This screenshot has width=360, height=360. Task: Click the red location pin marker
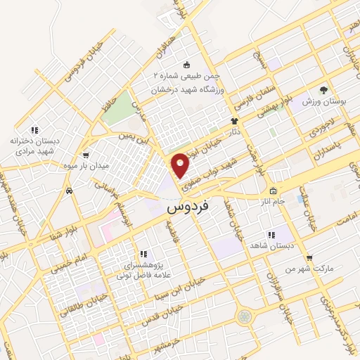(181, 165)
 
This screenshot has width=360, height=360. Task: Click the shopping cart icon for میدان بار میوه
(86, 156)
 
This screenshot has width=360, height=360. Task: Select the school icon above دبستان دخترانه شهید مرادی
(34, 130)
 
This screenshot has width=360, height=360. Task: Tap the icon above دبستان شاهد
(270, 236)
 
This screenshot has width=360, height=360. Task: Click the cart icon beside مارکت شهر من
(309, 258)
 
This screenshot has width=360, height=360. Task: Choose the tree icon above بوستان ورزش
(323, 90)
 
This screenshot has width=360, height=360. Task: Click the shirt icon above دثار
(234, 120)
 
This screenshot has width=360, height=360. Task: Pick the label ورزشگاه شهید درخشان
(187, 91)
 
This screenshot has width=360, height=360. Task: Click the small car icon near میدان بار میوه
(67, 191)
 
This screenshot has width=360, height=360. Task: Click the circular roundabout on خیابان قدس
(245, 317)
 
